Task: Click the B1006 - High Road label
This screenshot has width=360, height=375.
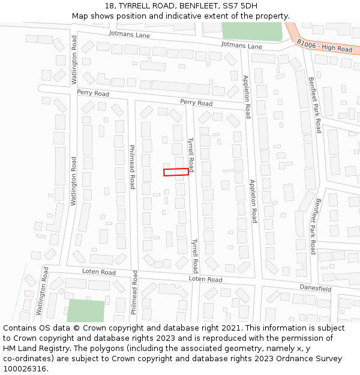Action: (325, 44)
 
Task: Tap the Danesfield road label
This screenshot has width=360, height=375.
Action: (316, 289)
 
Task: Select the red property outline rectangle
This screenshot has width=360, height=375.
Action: (176, 172)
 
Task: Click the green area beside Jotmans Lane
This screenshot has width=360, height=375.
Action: (251, 31)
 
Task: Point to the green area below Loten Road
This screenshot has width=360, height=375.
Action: (86, 310)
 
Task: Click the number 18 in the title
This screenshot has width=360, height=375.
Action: (109, 6)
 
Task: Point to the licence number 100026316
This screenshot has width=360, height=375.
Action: (25, 369)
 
